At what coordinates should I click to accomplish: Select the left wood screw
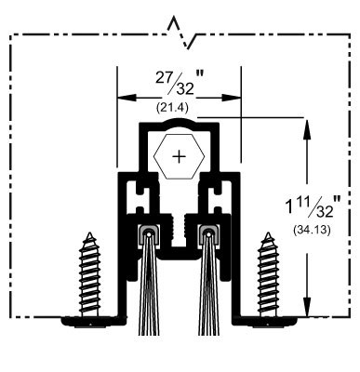tap(90, 274)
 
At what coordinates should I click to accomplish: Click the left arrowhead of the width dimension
tap(121, 94)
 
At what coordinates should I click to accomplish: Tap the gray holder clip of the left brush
tap(146, 233)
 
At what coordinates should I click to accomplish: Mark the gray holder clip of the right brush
tap(210, 233)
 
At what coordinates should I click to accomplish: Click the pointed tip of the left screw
tap(90, 235)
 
